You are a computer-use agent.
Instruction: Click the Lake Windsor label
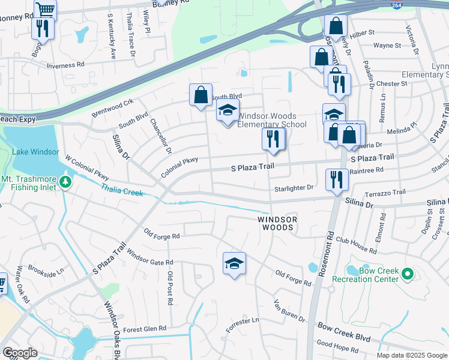pos(35,152)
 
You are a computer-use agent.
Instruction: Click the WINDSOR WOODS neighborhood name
pos(278,224)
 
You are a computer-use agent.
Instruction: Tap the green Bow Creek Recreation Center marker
pos(408,274)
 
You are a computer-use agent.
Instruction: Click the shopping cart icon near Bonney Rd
pos(45,9)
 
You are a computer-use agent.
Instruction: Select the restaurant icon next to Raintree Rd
pos(336,179)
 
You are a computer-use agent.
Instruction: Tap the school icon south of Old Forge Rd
pos(234,263)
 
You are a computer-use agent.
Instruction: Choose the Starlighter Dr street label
pos(294,188)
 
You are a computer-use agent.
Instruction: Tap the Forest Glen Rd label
pos(144,329)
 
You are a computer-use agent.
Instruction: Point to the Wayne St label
pos(387,46)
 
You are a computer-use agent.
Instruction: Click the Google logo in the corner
pos(20,353)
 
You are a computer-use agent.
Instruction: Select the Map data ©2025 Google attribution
pos(411,355)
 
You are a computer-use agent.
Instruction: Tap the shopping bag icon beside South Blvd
pos(200,94)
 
